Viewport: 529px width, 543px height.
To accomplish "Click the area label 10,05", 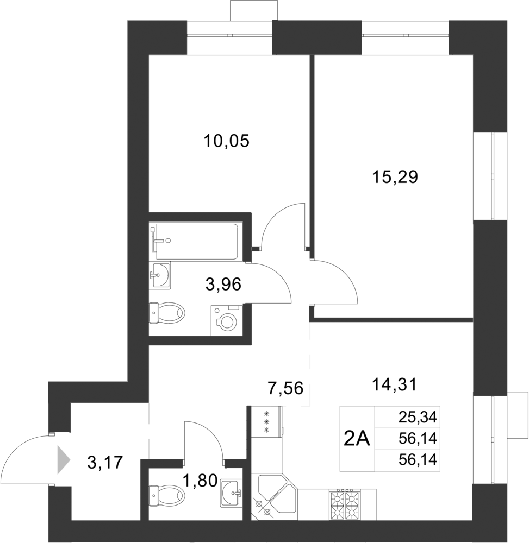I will coord(226,141).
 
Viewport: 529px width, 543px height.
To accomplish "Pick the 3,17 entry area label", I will coord(105,463).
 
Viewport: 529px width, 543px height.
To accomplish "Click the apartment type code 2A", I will coord(357,438).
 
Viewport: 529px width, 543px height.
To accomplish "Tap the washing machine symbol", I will coord(226,320).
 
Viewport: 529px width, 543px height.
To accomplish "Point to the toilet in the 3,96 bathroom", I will coord(167,313).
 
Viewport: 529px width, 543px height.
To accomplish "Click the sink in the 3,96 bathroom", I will coord(159,275).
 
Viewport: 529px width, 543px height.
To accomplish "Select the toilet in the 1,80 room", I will coord(167,494).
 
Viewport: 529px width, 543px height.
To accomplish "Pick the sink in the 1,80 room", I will coord(232,493).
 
